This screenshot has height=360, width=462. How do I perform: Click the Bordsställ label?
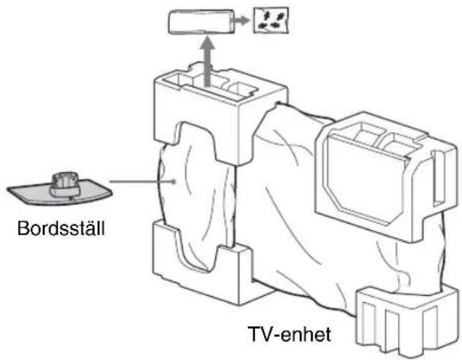coord(61,228)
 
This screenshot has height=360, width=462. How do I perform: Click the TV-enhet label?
coord(290,334)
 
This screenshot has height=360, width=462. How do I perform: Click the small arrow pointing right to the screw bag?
coord(241,21)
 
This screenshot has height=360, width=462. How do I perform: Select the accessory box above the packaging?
coord(201,22)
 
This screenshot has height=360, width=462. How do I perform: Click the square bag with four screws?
coord(271,20)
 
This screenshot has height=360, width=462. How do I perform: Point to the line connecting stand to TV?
coord(142,181)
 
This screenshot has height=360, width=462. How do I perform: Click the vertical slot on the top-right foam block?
coord(438,177)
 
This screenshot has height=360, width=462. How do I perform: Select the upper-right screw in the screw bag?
coord(279,14)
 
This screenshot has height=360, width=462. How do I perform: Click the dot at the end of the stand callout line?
coord(175,181)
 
